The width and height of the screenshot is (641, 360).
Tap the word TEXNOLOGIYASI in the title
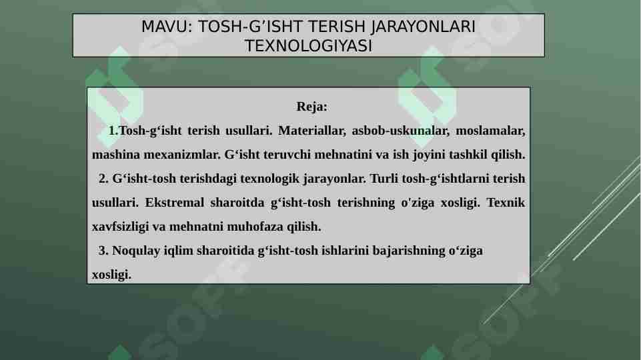pyautogui.click(x=308, y=46)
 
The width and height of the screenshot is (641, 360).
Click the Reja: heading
pyautogui.click(x=311, y=107)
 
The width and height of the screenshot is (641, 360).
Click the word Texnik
pyautogui.click(x=506, y=203)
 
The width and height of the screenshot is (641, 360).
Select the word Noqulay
pyautogui.click(x=136, y=251)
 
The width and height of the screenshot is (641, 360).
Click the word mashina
pyautogui.click(x=113, y=155)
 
